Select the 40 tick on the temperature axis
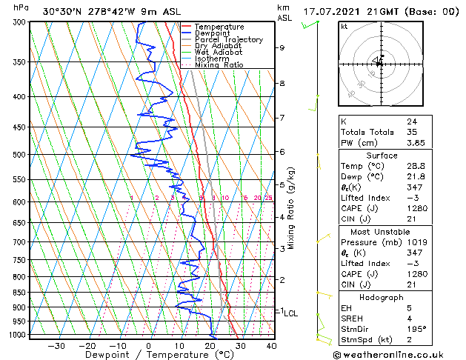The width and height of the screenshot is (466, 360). click(271, 345)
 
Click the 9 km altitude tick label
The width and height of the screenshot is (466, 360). click(282, 48)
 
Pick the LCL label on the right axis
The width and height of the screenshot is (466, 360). click(290, 313)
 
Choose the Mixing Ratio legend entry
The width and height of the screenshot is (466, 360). click(219, 64)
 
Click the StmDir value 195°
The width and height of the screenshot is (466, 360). click(417, 329)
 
